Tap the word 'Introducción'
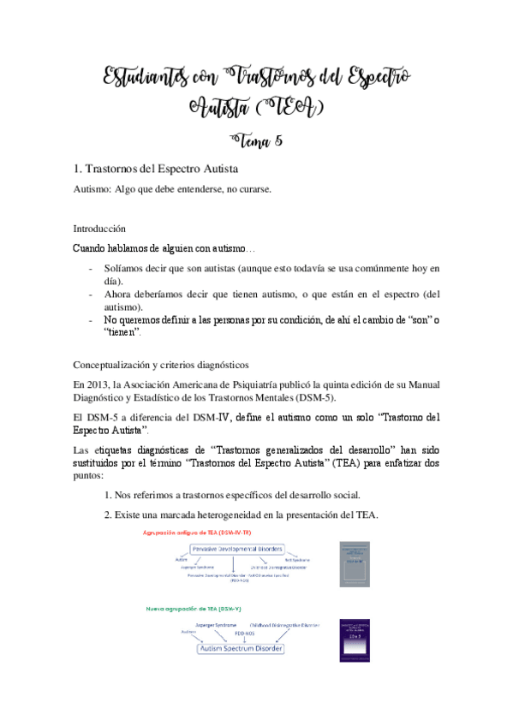[99, 229]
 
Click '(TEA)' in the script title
[291, 108]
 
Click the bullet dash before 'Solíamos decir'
[92, 269]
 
